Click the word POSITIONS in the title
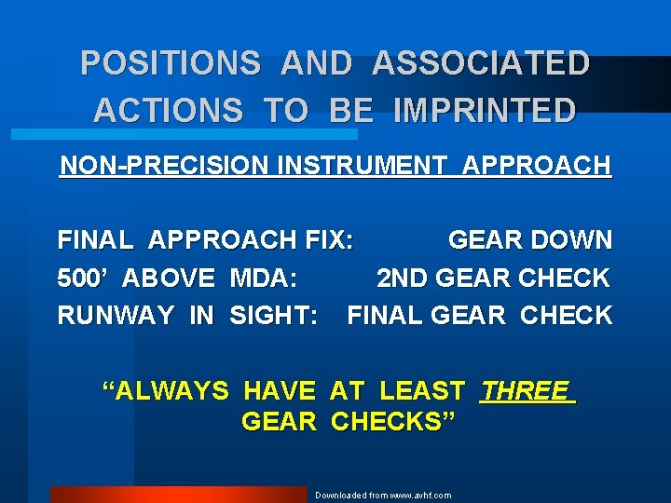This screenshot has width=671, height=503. [x=170, y=63]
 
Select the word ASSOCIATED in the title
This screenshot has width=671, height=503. [x=481, y=63]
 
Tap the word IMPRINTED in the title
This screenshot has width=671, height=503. [x=486, y=111]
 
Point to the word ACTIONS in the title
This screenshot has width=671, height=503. [x=167, y=111]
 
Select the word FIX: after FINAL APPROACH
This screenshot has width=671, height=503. [x=329, y=240]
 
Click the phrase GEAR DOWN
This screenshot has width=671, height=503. [x=529, y=240]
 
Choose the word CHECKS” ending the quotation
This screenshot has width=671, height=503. [x=393, y=422]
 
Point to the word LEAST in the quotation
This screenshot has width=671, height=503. [x=422, y=391]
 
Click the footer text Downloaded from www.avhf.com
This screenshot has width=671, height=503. [x=382, y=496]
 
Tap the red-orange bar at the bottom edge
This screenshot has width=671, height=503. [x=177, y=495]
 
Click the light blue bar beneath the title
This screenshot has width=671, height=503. [x=183, y=134]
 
